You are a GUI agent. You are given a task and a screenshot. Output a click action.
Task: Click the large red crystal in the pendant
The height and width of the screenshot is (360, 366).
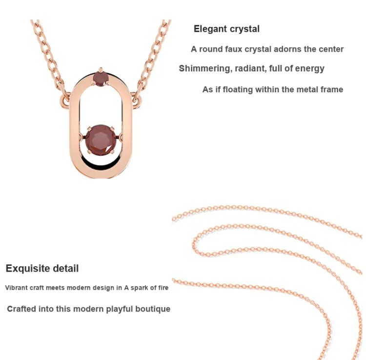click(101, 140)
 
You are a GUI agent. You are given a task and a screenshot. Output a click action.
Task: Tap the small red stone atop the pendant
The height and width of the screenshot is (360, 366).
click(100, 79)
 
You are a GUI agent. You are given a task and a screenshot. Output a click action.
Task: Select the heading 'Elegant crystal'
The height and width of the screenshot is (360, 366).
click(226, 29)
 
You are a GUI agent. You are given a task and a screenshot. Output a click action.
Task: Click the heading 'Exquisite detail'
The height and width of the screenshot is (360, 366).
click(42, 269)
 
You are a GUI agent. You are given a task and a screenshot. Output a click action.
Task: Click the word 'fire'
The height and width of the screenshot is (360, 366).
click(163, 288)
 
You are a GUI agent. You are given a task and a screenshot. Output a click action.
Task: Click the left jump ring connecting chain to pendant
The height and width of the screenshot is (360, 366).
click(64, 100)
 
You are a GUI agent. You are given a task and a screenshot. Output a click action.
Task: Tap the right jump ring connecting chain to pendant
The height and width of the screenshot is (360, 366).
click(137, 100)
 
